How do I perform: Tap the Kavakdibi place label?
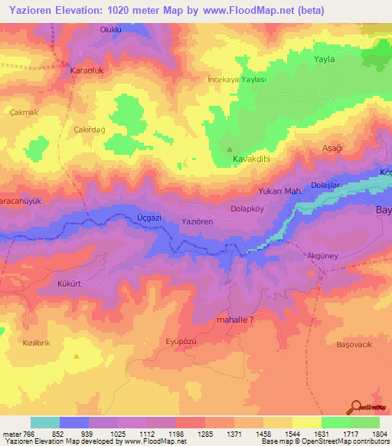coord(253,160)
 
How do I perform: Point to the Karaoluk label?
coord(87,69)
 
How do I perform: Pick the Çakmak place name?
coord(24,112)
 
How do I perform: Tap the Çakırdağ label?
coord(88,130)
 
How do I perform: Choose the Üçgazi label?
coord(128,218)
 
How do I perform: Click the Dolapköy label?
coord(247,208)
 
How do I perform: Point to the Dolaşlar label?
coord(326,185)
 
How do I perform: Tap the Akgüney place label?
coord(321,256)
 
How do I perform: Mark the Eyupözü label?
coord(181,338)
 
